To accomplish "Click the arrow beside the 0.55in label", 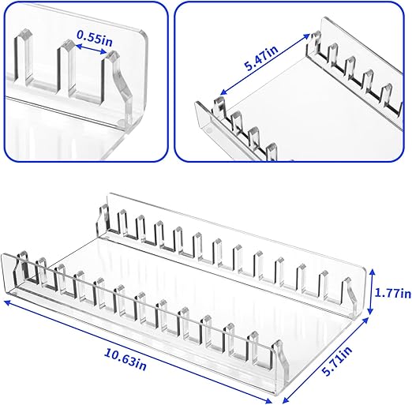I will [88, 49].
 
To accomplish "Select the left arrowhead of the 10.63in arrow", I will [6, 301].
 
